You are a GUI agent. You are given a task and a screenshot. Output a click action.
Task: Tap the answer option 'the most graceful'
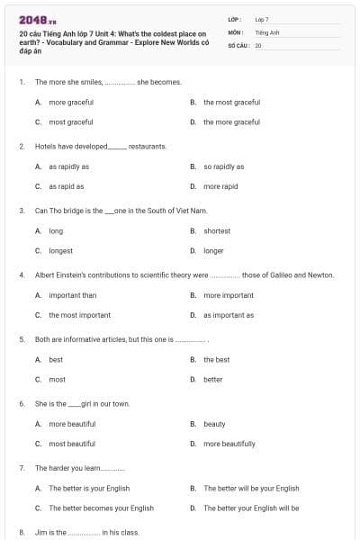pyautogui.click(x=231, y=102)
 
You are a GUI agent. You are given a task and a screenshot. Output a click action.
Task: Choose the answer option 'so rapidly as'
pyautogui.click(x=223, y=166)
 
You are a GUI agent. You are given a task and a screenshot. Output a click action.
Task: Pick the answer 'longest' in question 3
pyautogui.click(x=60, y=250)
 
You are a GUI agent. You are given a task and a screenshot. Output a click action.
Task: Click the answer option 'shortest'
pyautogui.click(x=217, y=230)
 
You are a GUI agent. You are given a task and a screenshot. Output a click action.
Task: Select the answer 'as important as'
pyautogui.click(x=229, y=315)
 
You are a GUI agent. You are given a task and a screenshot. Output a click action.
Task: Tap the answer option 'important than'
pyautogui.click(x=72, y=295)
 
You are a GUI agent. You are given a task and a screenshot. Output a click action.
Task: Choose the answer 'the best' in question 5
pyautogui.click(x=216, y=359)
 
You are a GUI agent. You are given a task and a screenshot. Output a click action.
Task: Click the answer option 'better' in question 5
pyautogui.click(x=213, y=379)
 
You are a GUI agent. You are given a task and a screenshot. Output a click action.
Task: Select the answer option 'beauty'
pyautogui.click(x=214, y=424)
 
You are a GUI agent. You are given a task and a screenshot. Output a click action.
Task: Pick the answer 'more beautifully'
pyautogui.click(x=229, y=444)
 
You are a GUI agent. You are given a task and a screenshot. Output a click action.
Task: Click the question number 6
pyautogui.click(x=22, y=403)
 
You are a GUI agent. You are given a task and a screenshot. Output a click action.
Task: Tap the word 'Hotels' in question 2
pyautogui.click(x=46, y=146)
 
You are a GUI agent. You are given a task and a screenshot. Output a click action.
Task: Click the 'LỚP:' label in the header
pyautogui.click(x=235, y=19)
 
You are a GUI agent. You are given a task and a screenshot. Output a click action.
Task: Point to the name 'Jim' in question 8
pyautogui.click(x=40, y=532)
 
